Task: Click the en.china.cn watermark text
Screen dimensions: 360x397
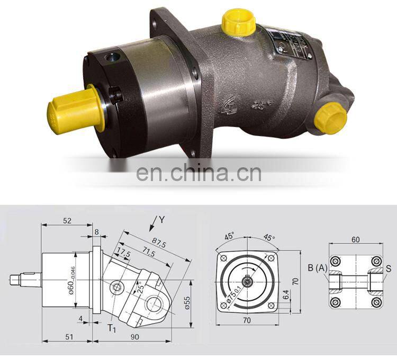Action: point(198,173)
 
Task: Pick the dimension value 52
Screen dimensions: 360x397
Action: point(67,221)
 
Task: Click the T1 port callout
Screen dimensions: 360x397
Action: point(112,328)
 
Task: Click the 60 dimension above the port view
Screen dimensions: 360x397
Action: point(355,239)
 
